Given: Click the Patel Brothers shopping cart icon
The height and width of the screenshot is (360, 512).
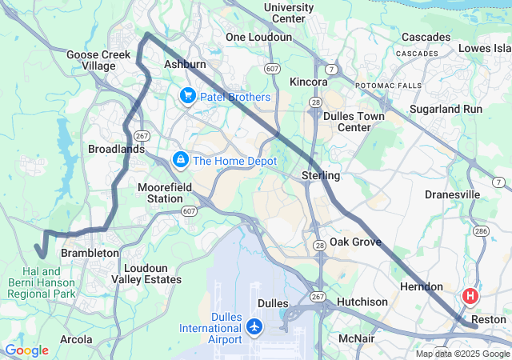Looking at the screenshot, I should pyautogui.click(x=187, y=97).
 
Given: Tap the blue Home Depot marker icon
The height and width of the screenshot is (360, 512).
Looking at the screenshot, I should pyautogui.click(x=181, y=160).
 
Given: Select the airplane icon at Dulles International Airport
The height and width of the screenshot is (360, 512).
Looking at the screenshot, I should pyautogui.click(x=254, y=326).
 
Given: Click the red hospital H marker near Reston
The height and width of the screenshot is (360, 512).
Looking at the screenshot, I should pyautogui.click(x=470, y=296).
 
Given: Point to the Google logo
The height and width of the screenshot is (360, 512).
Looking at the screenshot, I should pyautogui.click(x=26, y=350).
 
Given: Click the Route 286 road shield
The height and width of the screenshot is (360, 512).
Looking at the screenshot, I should pyautogui.click(x=482, y=230).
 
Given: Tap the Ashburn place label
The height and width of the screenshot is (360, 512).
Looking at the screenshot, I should pyautogui.click(x=185, y=64).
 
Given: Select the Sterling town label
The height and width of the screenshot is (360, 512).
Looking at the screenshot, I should pyautogui.click(x=321, y=175).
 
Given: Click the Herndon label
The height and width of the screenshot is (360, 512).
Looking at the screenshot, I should pyautogui.click(x=421, y=286).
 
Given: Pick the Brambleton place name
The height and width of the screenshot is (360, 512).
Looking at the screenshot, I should pyautogui.click(x=90, y=253).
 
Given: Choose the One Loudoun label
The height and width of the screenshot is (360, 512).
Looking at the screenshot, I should pyautogui.click(x=258, y=37).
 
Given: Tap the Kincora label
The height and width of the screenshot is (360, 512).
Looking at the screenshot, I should pyautogui.click(x=309, y=82).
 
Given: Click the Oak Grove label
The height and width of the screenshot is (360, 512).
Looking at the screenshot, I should pyautogui.click(x=355, y=242).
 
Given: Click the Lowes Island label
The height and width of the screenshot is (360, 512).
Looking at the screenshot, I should pyautogui.click(x=485, y=49).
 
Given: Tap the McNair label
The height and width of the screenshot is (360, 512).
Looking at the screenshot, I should pyautogui.click(x=358, y=338).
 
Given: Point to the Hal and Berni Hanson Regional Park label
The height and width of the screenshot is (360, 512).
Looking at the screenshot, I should pyautogui.click(x=41, y=282).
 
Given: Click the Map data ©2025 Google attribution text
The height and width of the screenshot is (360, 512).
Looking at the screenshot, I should pyautogui.click(x=462, y=354).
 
